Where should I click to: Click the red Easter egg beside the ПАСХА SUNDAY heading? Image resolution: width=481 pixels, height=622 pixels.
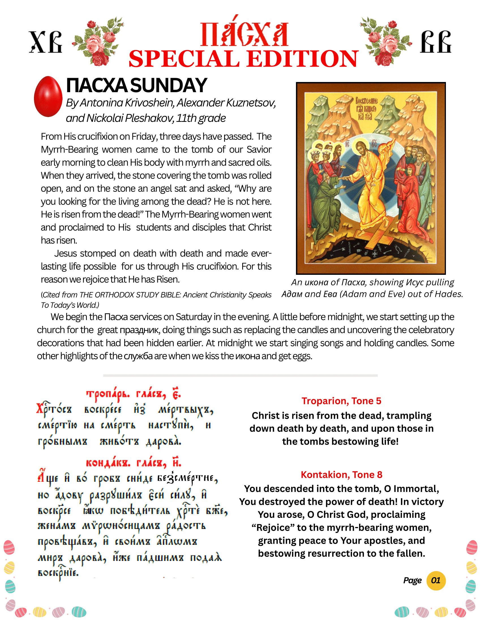tap(48, 96)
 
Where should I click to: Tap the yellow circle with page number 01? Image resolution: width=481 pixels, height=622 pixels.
tap(436, 580)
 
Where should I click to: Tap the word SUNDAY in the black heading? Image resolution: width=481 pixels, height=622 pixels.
tap(169, 85)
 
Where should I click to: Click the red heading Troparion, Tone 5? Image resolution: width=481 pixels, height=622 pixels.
tap(342, 401)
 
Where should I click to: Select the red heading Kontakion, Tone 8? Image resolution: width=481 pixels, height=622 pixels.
tap(342, 475)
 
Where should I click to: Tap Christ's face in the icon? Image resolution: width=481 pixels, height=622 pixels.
tap(361, 147)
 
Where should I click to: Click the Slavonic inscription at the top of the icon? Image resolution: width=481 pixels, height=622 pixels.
tap(366, 109)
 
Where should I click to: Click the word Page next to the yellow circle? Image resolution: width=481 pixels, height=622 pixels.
tap(412, 580)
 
